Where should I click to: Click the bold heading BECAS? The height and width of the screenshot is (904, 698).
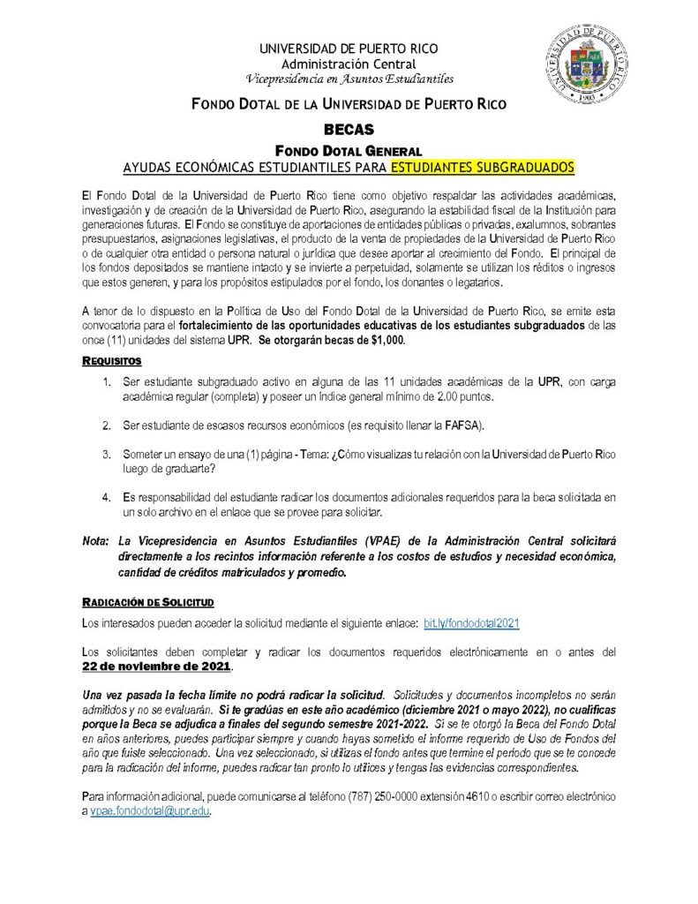(x=349, y=129)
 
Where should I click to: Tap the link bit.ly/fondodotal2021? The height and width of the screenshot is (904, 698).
(x=471, y=622)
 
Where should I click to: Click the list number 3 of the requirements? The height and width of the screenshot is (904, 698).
(x=105, y=455)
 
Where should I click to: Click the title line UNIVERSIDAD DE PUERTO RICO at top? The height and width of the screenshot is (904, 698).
(x=349, y=49)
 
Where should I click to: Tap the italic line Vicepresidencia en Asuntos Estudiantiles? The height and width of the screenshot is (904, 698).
(x=349, y=78)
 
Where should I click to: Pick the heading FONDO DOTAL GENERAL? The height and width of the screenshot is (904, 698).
(x=349, y=150)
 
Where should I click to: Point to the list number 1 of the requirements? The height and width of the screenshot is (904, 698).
(x=105, y=382)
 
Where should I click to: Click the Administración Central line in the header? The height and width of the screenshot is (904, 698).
(x=349, y=64)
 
